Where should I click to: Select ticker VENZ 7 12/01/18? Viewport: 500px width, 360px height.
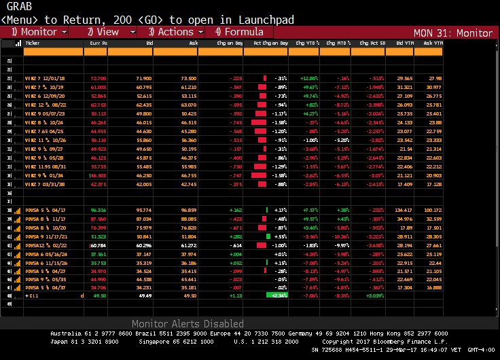[x=43, y=78]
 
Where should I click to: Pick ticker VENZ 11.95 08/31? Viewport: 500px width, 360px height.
[x=43, y=166]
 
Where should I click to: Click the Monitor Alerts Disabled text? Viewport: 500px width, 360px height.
[x=187, y=324]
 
